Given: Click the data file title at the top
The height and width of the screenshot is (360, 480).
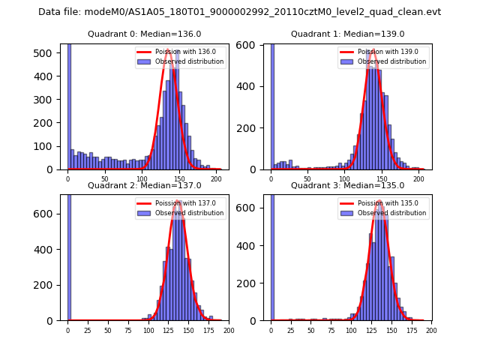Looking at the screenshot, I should [x=239, y=12].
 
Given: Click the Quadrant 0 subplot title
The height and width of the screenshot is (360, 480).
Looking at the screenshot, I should [x=145, y=34].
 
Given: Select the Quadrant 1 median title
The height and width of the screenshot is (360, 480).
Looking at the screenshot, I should [x=348, y=34].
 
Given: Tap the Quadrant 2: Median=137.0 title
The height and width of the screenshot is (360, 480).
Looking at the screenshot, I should [x=145, y=185].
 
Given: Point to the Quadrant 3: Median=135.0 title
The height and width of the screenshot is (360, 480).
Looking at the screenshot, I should [x=348, y=185].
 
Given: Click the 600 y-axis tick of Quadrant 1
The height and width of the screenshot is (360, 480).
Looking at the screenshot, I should [x=252, y=45].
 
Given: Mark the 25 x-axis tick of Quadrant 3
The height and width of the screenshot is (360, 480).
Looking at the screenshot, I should [x=291, y=330].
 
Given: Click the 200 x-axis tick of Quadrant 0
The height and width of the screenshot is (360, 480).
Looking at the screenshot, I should [x=216, y=179].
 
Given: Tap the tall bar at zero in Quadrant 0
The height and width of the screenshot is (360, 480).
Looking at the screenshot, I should [x=69, y=105].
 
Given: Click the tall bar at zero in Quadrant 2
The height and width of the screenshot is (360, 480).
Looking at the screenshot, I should [x=69, y=255].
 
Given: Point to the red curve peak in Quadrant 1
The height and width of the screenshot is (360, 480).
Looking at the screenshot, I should [x=373, y=50].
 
